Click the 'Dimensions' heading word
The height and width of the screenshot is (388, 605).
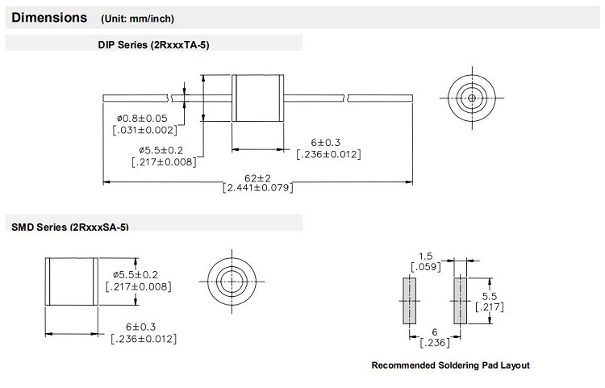coord(49,18)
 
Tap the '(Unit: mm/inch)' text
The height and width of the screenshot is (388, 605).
coord(137,19)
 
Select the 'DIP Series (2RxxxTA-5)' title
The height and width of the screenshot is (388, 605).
coord(153,45)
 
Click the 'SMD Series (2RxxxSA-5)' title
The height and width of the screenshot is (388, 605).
coord(70,227)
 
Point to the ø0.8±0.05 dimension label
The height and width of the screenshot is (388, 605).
coord(142,118)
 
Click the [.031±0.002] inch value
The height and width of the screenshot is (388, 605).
coord(145,130)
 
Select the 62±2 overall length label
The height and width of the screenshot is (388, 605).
coord(258,178)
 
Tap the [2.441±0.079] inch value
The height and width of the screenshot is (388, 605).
coord(258,188)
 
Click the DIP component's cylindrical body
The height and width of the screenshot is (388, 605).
coord(258,98)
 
